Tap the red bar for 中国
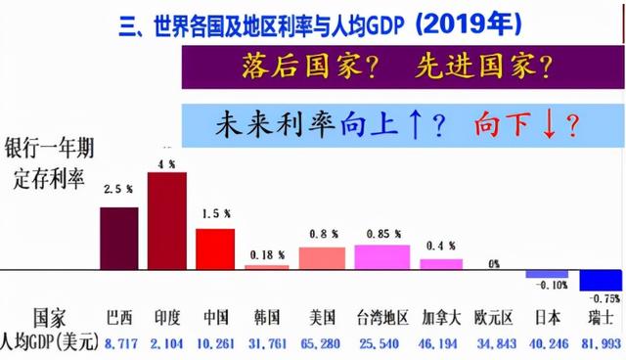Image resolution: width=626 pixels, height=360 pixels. (215, 248)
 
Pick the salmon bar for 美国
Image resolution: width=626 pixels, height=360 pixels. (322, 257)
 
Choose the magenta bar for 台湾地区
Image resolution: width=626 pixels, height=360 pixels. (381, 256)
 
